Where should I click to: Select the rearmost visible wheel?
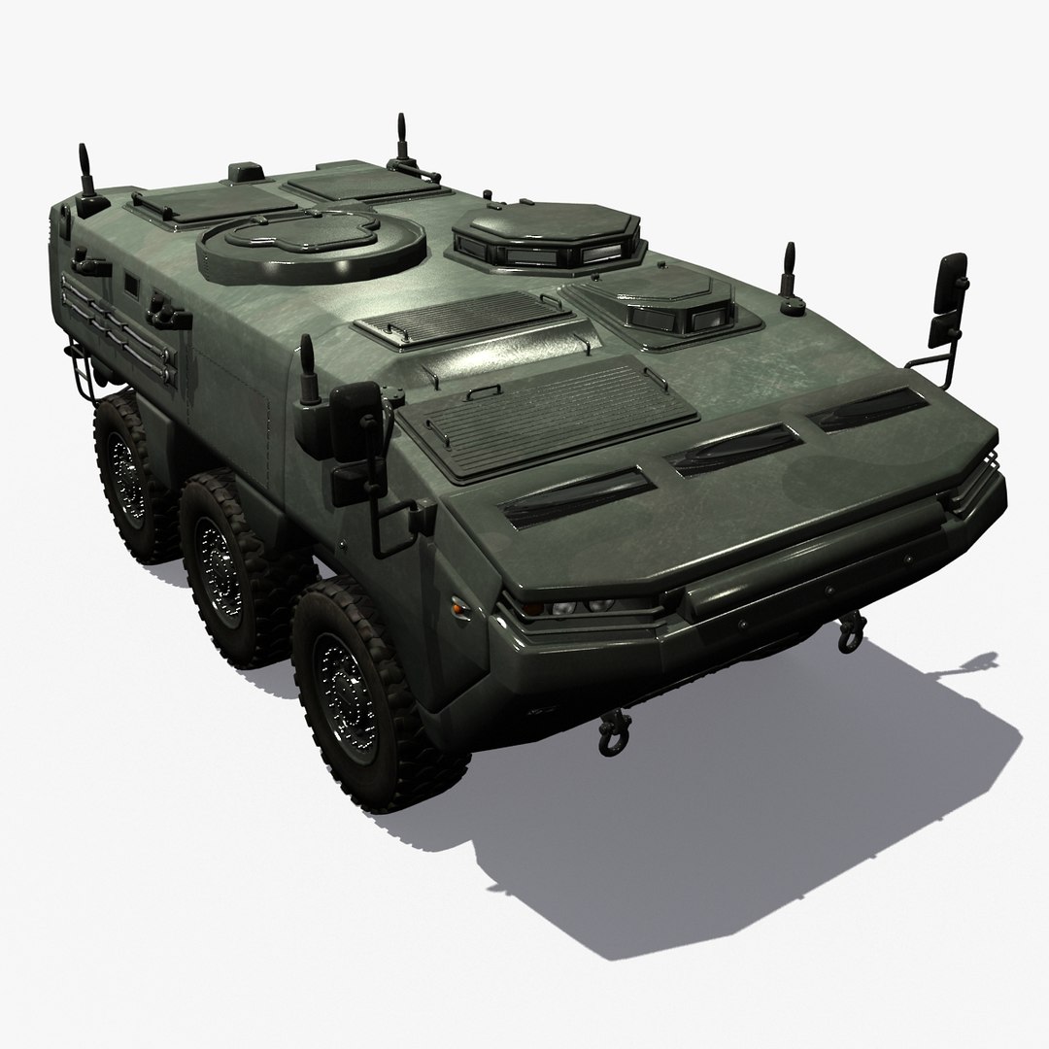click(x=129, y=476)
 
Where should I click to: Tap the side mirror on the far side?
click(x=948, y=291)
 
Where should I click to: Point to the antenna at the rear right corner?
click(x=402, y=141)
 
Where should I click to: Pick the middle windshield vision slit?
click(x=734, y=449)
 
